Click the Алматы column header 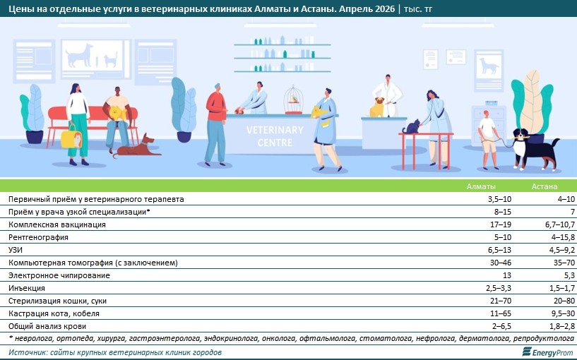pyautogui.click(x=481, y=186)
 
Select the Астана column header pyautogui.click(x=545, y=186)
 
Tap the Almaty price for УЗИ pyautogui.click(x=499, y=250)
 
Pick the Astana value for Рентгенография pyautogui.click(x=563, y=237)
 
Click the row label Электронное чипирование pyautogui.click(x=59, y=275)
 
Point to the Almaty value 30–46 pyautogui.click(x=500, y=263)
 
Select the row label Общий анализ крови pyautogui.click(x=47, y=326)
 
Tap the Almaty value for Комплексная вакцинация pyautogui.click(x=500, y=224)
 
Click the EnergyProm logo pyautogui.click(x=547, y=352)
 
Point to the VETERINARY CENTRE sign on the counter pyautogui.click(x=275, y=136)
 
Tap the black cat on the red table pyautogui.click(x=412, y=126)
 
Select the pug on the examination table pyautogui.click(x=377, y=107)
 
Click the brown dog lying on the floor pyautogui.click(x=137, y=146)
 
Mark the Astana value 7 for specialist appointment pyautogui.click(x=573, y=212)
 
